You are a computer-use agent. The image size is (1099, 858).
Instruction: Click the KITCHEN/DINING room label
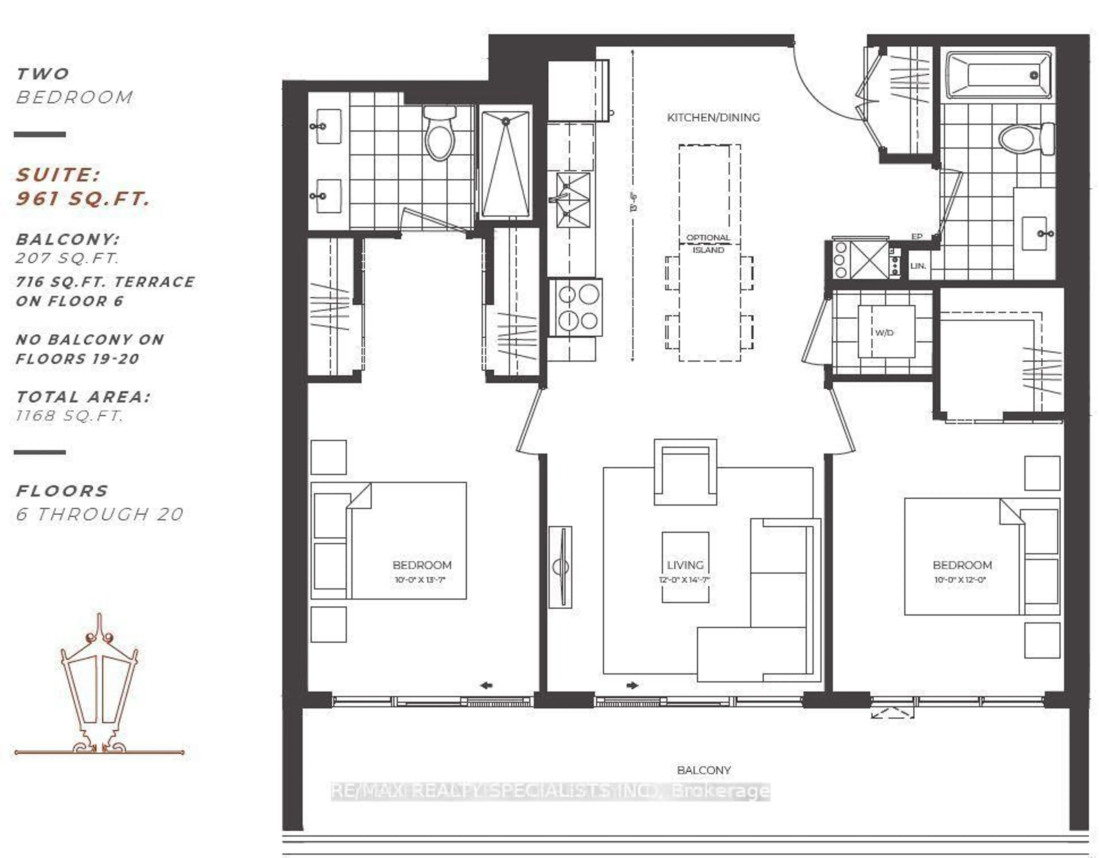[x=713, y=117]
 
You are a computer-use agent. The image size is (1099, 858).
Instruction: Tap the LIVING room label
[x=685, y=565]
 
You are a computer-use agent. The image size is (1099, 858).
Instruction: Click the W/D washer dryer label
[x=884, y=333]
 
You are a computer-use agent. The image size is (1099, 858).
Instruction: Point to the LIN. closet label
[x=918, y=266]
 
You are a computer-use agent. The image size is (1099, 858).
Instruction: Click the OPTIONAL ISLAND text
[x=708, y=244]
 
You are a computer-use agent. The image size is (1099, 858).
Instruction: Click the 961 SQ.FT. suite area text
[x=83, y=199]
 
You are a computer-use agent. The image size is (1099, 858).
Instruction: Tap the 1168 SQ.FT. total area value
[x=70, y=416]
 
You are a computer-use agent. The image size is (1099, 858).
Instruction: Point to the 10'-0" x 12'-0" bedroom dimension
[x=960, y=580]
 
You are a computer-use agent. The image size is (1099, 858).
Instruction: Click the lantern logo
[x=99, y=685]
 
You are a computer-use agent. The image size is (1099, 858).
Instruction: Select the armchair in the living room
[x=685, y=473]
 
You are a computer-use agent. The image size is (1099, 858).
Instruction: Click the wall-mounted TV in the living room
[x=560, y=567]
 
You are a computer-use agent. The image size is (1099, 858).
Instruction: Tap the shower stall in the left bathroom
[x=505, y=163]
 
